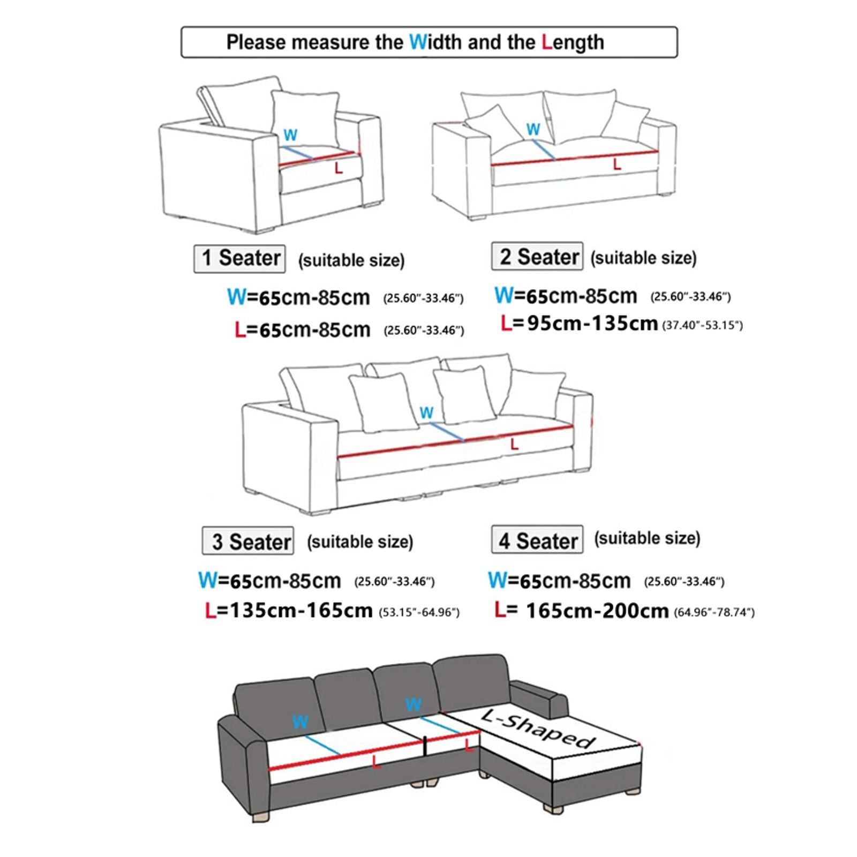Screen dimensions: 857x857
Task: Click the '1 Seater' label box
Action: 239,259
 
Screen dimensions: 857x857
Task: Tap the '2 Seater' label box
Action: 537,257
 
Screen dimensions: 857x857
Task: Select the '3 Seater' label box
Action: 248,542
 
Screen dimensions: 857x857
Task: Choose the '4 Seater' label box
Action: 537,540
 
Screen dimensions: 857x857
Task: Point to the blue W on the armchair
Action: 290,135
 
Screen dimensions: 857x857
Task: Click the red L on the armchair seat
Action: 339,169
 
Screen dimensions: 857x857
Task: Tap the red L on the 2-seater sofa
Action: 617,164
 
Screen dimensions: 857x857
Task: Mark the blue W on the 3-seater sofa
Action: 426,412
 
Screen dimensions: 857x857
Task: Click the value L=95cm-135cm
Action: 579,324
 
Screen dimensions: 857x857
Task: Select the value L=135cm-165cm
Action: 289,611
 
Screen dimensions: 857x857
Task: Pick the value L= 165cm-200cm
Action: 582,611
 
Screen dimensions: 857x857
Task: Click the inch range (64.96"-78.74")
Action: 714,612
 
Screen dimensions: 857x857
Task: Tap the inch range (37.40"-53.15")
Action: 703,325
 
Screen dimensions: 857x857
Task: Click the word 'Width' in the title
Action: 436,42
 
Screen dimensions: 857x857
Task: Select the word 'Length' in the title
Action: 573,42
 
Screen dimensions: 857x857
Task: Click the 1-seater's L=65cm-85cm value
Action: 303,330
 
